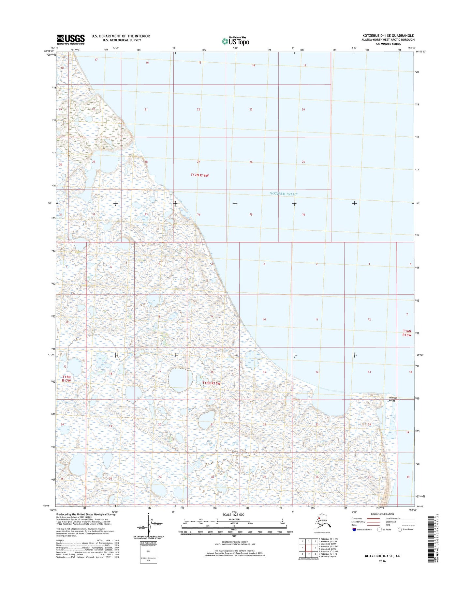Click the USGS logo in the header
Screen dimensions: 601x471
tap(71, 39)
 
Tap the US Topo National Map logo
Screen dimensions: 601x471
tap(235, 41)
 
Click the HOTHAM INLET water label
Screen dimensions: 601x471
tap(283, 194)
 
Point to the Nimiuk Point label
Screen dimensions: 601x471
tap(392, 399)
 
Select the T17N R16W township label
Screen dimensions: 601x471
tap(199, 175)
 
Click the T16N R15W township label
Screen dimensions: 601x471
tap(407, 333)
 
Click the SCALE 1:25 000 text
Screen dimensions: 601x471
tap(233, 515)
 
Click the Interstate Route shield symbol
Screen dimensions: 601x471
tap(354, 530)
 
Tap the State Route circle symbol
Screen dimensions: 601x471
tap(399, 530)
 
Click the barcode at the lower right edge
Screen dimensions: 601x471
tap(433, 539)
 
